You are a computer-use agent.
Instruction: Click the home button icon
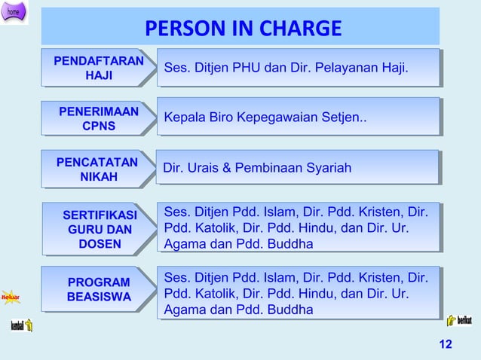click(14, 12)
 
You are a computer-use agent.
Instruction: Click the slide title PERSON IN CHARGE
click(243, 29)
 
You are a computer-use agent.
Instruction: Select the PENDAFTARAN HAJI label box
click(98, 68)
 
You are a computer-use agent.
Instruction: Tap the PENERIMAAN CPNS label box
click(98, 119)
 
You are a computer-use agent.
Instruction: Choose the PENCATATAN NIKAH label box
click(97, 169)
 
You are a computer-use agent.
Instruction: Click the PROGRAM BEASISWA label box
click(98, 290)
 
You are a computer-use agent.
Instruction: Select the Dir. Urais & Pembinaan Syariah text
click(257, 168)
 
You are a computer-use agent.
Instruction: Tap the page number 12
click(445, 344)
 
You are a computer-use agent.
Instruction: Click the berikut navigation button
click(459, 321)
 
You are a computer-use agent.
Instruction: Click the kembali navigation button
click(21, 325)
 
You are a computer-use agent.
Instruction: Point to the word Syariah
click(329, 168)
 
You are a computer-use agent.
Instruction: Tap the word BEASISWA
click(99, 297)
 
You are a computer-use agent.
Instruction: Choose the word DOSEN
click(99, 244)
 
